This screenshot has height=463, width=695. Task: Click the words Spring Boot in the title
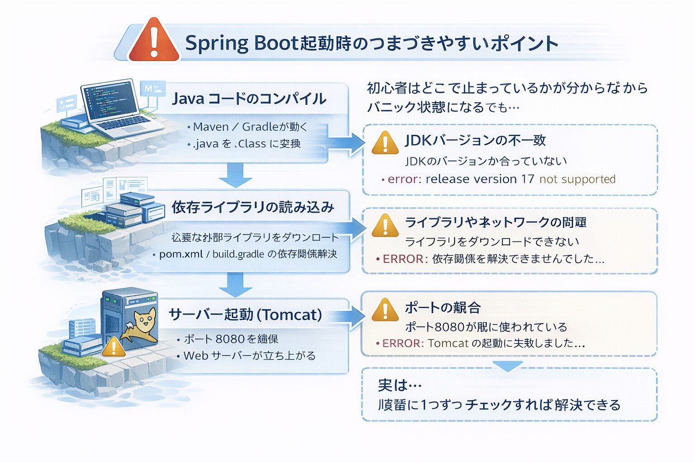pos(241,43)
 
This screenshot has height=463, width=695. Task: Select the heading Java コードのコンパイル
pos(249,99)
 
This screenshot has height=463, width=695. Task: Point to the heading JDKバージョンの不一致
pos(475,141)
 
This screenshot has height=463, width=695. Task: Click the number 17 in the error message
pos(528,179)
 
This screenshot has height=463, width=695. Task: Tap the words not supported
pos(577,179)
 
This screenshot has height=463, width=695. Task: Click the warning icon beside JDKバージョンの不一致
pos(385,142)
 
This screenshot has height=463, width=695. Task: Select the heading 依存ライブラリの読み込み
pos(252,207)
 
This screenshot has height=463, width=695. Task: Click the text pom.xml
pos(181,254)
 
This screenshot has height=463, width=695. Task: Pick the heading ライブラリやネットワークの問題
pos(495,222)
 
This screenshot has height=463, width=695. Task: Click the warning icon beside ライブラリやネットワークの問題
pos(385,225)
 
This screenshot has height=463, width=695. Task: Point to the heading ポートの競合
pos(443,307)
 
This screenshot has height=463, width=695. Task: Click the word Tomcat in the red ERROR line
pos(448,344)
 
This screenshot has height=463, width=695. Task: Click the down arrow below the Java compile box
pos(236,175)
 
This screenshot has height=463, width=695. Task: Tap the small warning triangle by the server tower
pos(114,347)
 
